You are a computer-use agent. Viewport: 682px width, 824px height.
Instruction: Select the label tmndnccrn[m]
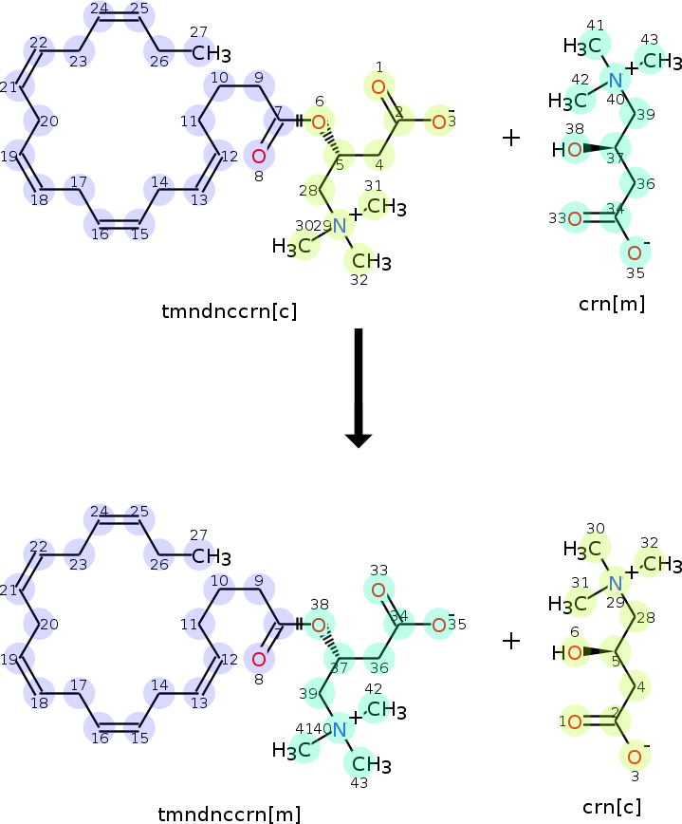(230, 814)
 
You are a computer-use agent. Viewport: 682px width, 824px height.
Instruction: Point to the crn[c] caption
(611, 807)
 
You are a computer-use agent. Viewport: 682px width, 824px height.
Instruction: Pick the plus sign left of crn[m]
(511, 139)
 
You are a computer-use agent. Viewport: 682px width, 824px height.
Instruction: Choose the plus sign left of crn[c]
(511, 642)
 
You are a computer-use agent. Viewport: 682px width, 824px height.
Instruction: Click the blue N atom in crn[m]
(616, 80)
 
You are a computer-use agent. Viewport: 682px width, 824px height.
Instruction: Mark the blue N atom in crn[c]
(616, 583)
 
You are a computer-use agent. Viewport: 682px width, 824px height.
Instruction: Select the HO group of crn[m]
(566, 150)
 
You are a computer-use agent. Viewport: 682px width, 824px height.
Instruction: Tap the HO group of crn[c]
(566, 653)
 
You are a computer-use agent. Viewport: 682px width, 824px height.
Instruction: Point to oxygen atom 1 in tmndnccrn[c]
(378, 88)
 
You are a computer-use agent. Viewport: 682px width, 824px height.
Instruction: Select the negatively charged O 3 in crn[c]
(636, 755)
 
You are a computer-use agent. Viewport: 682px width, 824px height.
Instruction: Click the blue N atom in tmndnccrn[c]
(340, 225)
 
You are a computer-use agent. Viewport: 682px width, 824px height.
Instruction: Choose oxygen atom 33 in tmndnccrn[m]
(378, 591)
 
